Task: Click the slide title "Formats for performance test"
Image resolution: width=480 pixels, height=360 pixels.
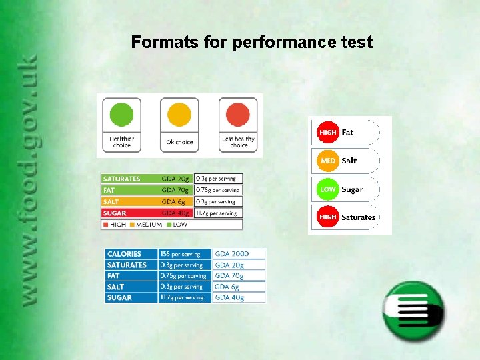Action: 251,43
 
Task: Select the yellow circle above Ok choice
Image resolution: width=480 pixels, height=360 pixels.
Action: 179,114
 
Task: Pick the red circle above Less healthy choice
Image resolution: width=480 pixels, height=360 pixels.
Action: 238,114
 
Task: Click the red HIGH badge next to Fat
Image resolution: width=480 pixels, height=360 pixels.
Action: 327,133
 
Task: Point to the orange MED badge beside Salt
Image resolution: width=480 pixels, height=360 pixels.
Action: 327,161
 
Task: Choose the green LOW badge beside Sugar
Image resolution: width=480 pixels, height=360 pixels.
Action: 327,189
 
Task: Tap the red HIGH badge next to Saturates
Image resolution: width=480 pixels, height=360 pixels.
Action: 327,217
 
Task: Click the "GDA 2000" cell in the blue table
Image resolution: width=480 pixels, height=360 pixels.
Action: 239,254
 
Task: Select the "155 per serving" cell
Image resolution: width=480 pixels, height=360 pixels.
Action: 185,254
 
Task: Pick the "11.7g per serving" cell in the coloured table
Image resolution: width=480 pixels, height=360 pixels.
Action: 218,213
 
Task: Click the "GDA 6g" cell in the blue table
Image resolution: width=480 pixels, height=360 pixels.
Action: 239,287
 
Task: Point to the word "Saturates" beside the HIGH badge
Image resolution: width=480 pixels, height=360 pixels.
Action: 358,217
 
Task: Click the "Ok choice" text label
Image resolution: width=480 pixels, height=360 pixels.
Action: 179,142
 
